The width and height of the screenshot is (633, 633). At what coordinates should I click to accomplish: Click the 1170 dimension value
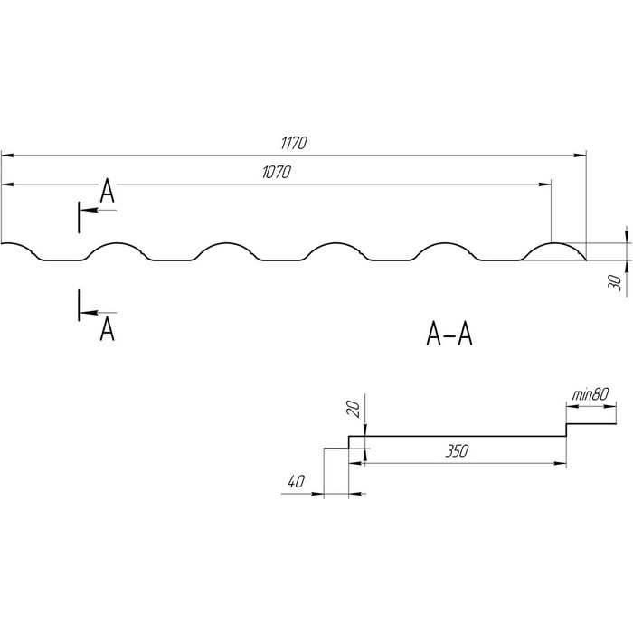pyautogui.click(x=295, y=142)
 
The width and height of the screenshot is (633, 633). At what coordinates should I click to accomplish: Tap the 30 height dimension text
pyautogui.click(x=616, y=281)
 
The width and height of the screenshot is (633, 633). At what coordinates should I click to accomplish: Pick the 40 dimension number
pyautogui.click(x=294, y=482)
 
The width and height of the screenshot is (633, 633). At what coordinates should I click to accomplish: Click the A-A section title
pyautogui.click(x=449, y=335)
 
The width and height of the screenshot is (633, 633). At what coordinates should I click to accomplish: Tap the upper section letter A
pyautogui.click(x=107, y=190)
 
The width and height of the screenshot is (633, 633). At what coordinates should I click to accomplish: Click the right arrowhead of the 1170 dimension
pyautogui.click(x=579, y=155)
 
